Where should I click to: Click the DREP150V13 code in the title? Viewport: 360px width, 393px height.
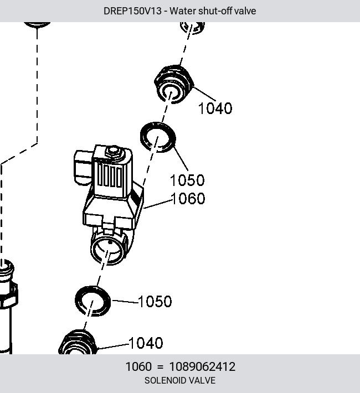click(x=132, y=11)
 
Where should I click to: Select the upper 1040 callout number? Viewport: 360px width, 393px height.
click(x=215, y=108)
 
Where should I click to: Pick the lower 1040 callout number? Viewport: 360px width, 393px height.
click(x=146, y=343)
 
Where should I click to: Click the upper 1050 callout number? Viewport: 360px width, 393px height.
click(x=187, y=180)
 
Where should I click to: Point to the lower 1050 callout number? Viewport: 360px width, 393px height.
click(x=155, y=301)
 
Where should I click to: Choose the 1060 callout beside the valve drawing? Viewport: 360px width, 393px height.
click(x=188, y=198)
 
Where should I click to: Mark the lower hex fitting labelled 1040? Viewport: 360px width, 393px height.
click(x=78, y=342)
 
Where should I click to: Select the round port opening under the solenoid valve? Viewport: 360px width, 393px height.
click(x=109, y=250)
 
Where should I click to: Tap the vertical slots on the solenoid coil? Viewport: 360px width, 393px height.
click(x=110, y=177)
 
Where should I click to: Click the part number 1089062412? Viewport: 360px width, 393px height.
click(x=202, y=366)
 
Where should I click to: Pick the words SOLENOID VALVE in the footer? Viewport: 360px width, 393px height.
click(x=180, y=380)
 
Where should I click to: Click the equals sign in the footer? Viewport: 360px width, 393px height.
click(x=160, y=367)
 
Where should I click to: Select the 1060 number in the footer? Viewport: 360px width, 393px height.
click(x=138, y=366)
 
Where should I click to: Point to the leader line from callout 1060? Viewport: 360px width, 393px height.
click(x=158, y=204)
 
